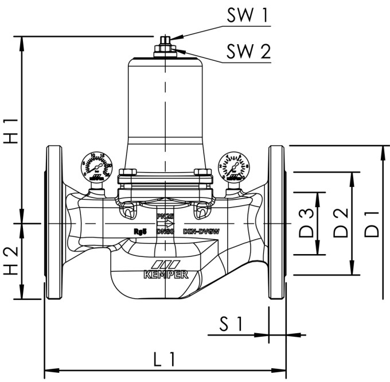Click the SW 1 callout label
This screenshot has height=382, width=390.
point(247,16)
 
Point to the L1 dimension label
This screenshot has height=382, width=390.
point(164,360)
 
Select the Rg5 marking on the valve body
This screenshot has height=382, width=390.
point(139,231)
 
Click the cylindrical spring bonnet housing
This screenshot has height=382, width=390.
point(164,103)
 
